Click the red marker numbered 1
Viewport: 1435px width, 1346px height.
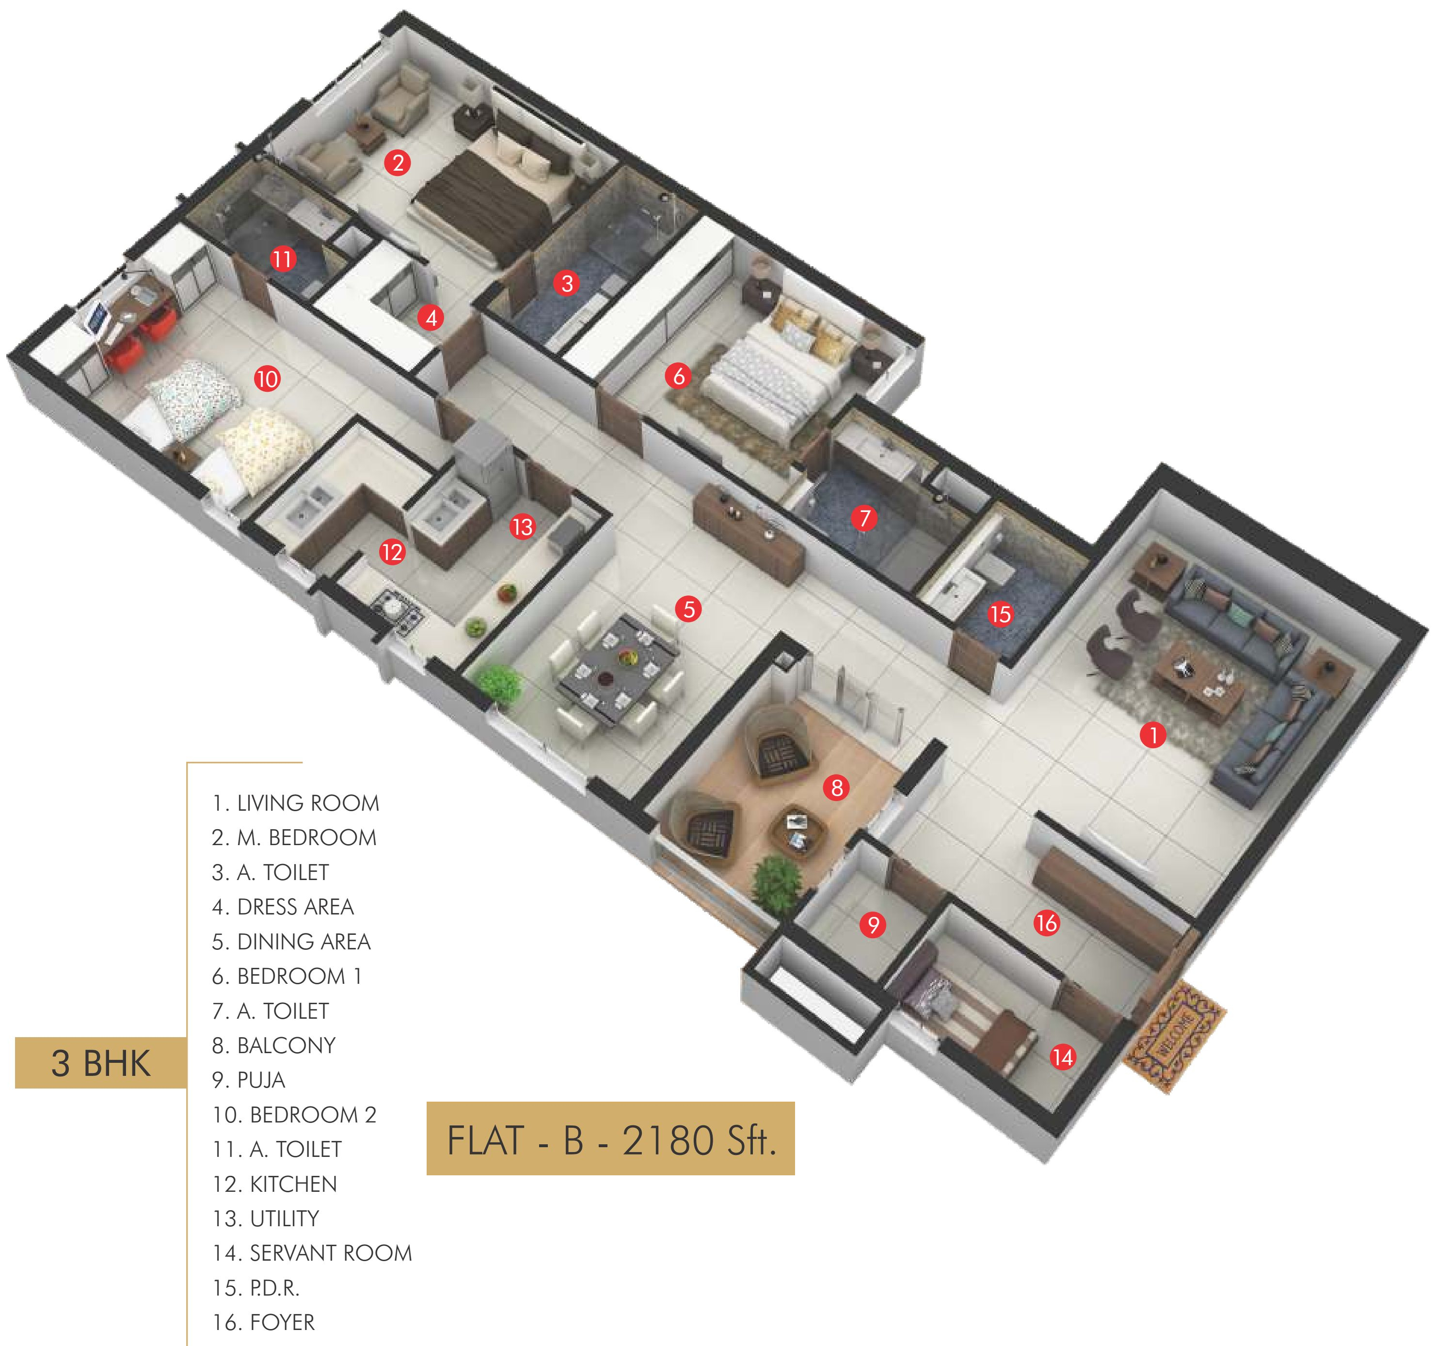tap(1153, 735)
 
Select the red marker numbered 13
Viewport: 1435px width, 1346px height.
tap(522, 527)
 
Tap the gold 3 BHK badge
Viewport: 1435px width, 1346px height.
tap(100, 1063)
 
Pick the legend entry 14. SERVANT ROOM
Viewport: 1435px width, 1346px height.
tap(312, 1253)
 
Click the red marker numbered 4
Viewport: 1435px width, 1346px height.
tap(431, 318)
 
